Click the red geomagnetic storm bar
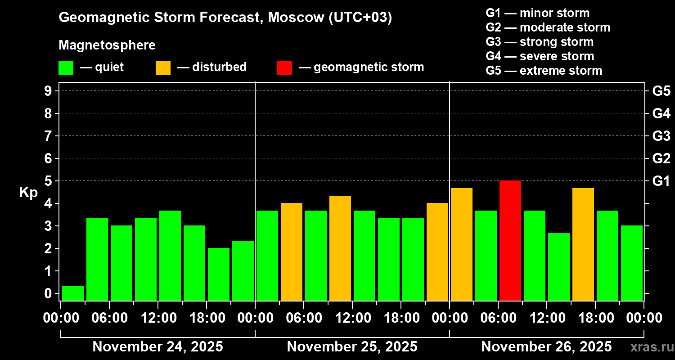pyautogui.click(x=510, y=240)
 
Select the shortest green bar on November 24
pyautogui.click(x=73, y=293)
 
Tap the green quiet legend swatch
pyautogui.click(x=66, y=68)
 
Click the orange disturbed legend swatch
pyautogui.click(x=163, y=68)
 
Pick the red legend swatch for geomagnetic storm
pyautogui.click(x=284, y=68)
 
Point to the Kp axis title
pyautogui.click(x=28, y=192)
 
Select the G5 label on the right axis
pyautogui.click(x=661, y=91)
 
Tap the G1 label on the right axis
pyautogui.click(x=661, y=181)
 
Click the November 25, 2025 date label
pyautogui.click(x=352, y=347)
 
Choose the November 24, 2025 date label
pyautogui.click(x=157, y=347)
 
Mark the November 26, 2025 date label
pyautogui.click(x=546, y=347)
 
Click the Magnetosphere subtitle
pyautogui.click(x=107, y=45)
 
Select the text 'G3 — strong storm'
pyautogui.click(x=540, y=42)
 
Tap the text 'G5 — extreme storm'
pyautogui.click(x=544, y=71)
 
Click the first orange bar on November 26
pyautogui.click(x=462, y=244)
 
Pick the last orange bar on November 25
pyautogui.click(x=437, y=252)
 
